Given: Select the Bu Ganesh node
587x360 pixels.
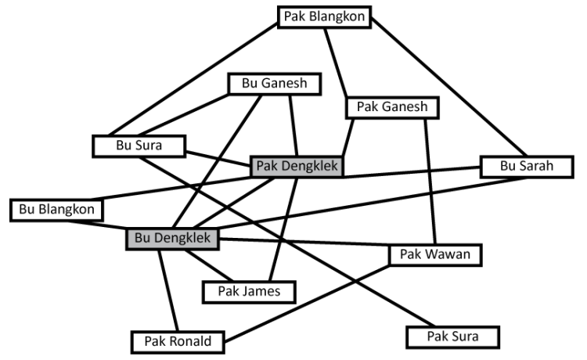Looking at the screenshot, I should pyautogui.click(x=266, y=84).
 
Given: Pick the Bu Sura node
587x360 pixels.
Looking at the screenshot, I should pyautogui.click(x=138, y=146).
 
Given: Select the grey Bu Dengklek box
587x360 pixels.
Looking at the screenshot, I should pyautogui.click(x=172, y=239).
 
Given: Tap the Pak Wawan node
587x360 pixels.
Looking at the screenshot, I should pyautogui.click(x=435, y=255).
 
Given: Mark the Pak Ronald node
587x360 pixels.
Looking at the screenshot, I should pyautogui.click(x=178, y=341).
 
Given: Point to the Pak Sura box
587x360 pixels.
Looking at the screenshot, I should pyautogui.click(x=452, y=337).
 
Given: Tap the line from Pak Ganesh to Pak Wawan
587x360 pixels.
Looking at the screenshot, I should pyautogui.click(x=430, y=180).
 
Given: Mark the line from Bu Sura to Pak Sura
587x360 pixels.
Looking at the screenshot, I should pyautogui.click(x=297, y=243).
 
